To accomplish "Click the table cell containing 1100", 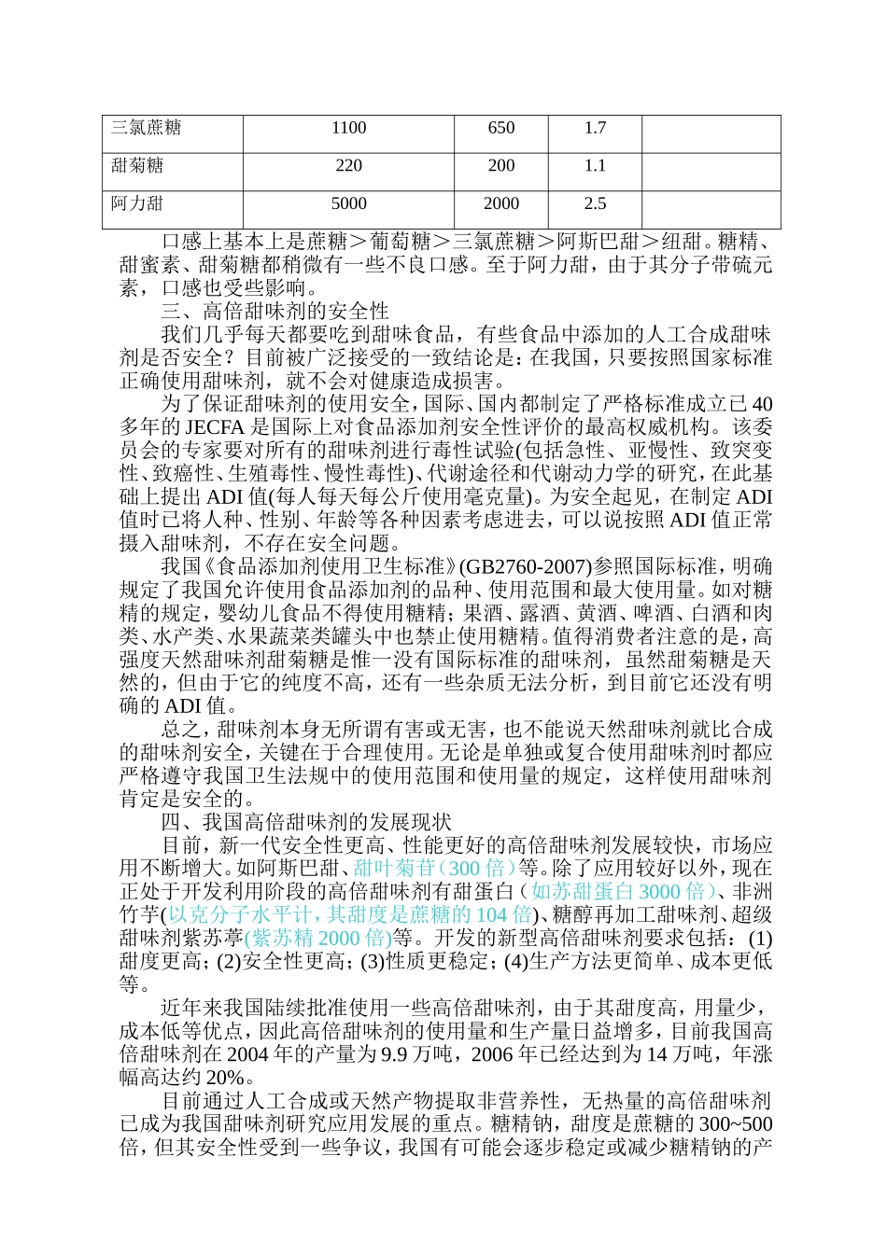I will coord(348,128).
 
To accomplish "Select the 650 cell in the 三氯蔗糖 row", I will coord(501,128).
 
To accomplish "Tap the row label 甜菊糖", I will coord(137,165).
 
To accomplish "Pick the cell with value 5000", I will coord(348,202).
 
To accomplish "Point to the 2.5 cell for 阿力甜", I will coord(595,202).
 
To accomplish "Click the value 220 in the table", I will coord(348,165).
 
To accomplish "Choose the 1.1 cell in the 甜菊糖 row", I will coord(595,165).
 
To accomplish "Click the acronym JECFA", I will coord(216,426).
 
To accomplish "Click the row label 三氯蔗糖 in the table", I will coord(147,128).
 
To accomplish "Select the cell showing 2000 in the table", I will coord(501,202).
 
